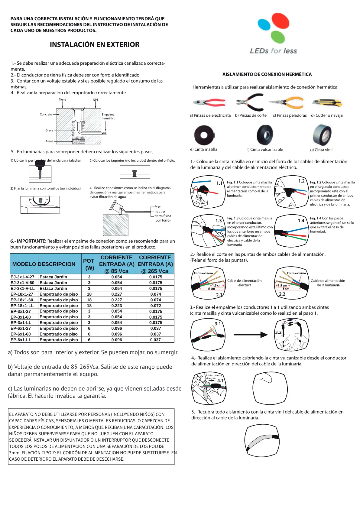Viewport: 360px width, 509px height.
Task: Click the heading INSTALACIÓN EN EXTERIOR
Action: click(95, 44)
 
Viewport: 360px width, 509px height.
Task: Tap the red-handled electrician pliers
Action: click(209, 102)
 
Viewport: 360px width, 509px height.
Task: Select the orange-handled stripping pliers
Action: click(286, 103)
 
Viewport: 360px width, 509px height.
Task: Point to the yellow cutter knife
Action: click(327, 103)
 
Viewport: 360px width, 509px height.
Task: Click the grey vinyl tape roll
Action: click(322, 135)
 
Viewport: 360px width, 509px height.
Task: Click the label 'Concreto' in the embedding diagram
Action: click(46, 114)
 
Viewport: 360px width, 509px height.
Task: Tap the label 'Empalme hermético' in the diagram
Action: click(109, 116)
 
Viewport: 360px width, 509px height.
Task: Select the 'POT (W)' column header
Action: click(89, 264)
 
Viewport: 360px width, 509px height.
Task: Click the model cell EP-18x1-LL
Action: click(22, 306)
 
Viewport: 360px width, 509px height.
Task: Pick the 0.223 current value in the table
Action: click(117, 306)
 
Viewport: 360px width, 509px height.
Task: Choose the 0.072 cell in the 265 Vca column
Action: click(156, 306)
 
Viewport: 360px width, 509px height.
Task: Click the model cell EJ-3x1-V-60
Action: click(22, 283)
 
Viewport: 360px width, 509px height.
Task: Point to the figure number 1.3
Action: click(219, 220)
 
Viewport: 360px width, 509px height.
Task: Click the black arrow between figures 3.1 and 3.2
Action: click(251, 335)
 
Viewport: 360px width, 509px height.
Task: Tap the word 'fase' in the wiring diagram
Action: click(157, 207)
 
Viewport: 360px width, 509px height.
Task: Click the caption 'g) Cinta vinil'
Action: click(321, 150)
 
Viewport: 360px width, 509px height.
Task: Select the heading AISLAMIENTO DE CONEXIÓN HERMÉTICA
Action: click(267, 74)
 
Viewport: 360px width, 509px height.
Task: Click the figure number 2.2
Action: click(282, 294)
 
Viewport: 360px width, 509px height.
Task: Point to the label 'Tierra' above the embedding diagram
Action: click(63, 99)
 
